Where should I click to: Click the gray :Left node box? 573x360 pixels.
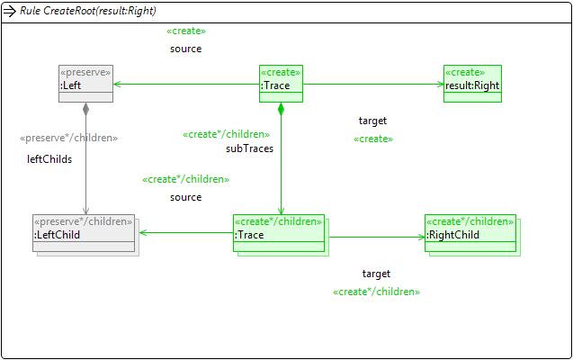(x=85, y=84)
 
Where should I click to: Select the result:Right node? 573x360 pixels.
(x=472, y=84)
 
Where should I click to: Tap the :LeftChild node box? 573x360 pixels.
(x=83, y=233)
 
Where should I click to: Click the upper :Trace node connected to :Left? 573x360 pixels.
(x=281, y=84)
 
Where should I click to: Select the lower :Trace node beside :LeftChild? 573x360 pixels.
(x=279, y=233)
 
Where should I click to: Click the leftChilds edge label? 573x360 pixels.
(x=49, y=159)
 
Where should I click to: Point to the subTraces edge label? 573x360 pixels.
(x=249, y=148)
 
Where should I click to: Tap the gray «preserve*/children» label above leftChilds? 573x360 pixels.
(x=69, y=138)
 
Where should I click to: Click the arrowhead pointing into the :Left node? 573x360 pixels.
(x=117, y=85)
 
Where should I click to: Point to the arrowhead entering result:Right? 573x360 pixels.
(x=438, y=85)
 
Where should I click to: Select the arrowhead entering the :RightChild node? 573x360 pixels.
(x=420, y=238)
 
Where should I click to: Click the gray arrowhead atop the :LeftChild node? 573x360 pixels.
(x=85, y=211)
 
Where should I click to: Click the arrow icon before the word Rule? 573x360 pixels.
(x=10, y=11)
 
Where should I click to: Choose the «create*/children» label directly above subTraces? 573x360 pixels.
(x=226, y=134)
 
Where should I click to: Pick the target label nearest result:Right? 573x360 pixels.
(x=372, y=121)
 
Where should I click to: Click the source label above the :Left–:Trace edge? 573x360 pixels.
(x=185, y=49)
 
